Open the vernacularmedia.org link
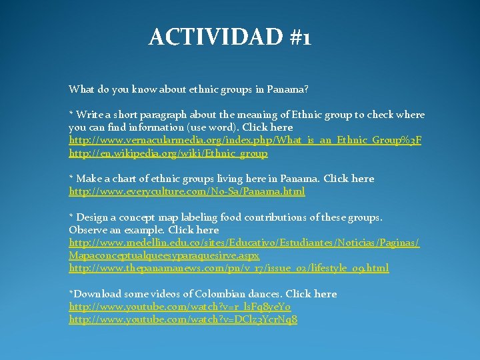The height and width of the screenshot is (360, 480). pos(245,141)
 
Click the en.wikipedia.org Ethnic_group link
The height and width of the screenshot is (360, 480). pos(168,153)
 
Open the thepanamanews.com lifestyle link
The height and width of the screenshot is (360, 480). pos(229,268)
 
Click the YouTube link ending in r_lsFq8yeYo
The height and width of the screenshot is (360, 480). pos(179,307)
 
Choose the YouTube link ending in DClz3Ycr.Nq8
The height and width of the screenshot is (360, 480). pos(183,319)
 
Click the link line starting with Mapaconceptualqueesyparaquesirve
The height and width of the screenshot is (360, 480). pos(164,255)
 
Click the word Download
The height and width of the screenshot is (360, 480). pos(97,294)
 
